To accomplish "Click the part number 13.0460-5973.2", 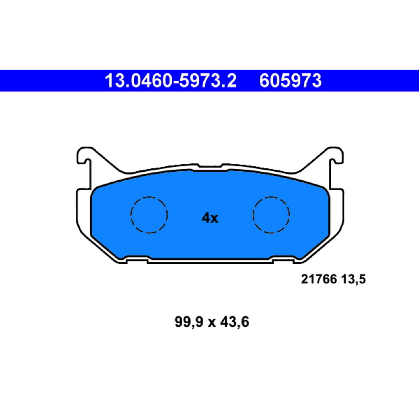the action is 171,81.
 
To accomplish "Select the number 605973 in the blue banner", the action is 290,81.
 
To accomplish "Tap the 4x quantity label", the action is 210,218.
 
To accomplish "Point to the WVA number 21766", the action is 318,279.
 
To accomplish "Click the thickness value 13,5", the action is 353,280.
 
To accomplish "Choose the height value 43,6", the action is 235,322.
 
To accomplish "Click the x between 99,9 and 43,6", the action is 212,323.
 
